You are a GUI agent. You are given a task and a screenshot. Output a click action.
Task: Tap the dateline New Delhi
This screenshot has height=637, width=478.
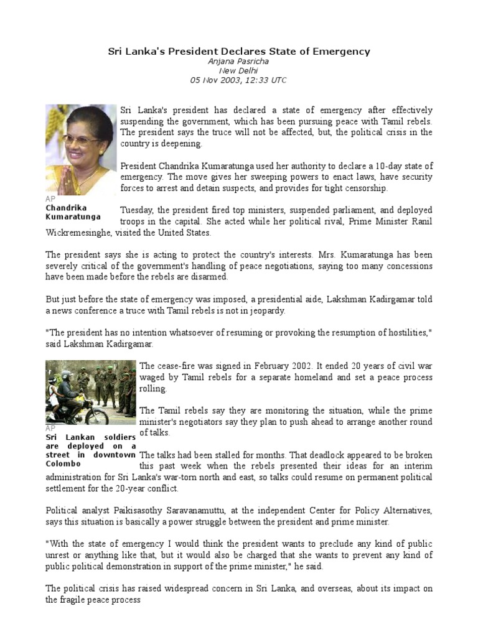[238, 71]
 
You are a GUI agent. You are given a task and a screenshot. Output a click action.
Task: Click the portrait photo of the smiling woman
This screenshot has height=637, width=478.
[81, 149]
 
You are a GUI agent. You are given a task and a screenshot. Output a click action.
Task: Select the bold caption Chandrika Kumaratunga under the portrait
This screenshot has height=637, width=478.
[73, 212]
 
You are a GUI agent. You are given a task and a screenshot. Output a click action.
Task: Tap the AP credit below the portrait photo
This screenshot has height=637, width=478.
[50, 199]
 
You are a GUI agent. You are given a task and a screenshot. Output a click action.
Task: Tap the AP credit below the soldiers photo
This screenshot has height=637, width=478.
[50, 429]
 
